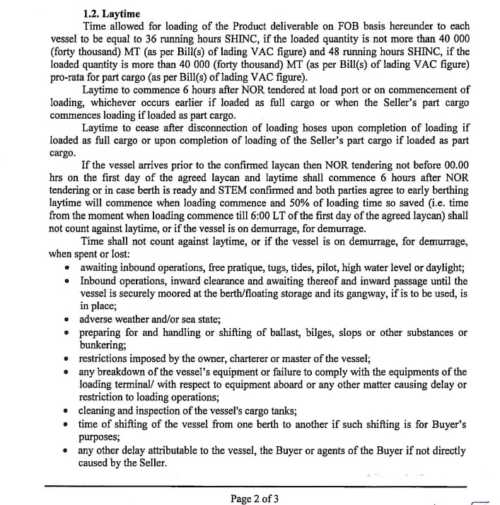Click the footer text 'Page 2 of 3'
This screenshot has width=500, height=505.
coord(255,497)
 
